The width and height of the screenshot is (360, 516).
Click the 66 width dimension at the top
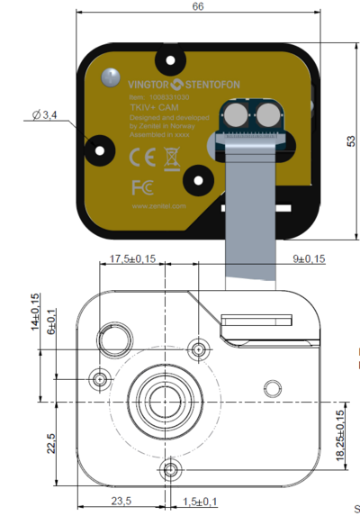pos(198,6)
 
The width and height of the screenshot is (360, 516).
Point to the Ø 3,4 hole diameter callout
pos(44,115)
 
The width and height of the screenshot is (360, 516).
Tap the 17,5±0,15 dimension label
pos(132,259)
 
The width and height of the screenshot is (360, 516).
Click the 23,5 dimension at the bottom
pos(120,502)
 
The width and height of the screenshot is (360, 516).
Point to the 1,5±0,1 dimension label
pos(201,502)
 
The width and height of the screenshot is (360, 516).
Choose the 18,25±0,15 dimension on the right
pos(339,436)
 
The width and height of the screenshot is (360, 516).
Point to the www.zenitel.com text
pos(158,206)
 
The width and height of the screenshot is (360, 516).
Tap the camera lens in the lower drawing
pos(162,398)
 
